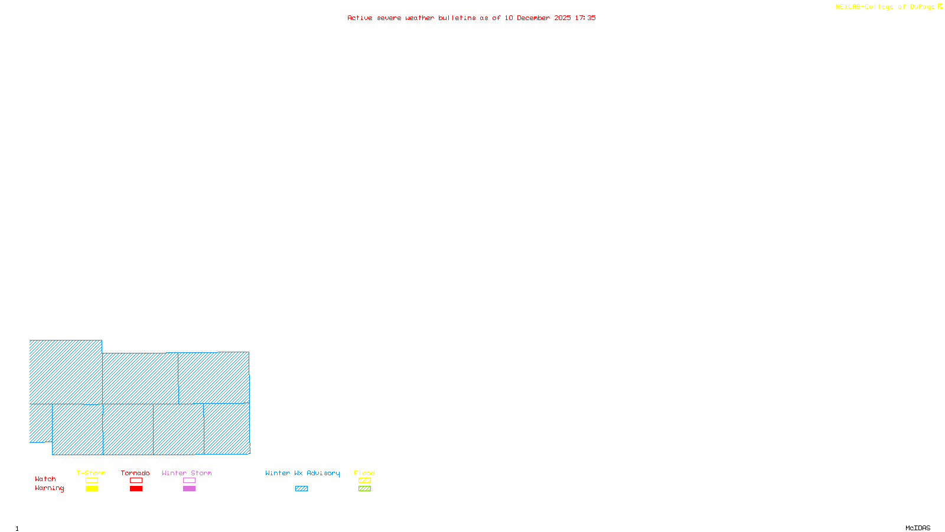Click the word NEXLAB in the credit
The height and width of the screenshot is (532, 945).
point(848,7)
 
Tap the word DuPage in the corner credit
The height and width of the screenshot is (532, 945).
point(922,7)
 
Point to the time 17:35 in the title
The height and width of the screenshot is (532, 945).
point(585,18)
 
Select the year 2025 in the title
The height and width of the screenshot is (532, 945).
point(562,18)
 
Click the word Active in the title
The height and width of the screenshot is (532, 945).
point(360,18)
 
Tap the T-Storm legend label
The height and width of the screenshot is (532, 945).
point(91,473)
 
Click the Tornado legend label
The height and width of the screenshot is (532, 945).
point(135,473)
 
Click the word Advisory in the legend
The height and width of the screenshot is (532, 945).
point(323,473)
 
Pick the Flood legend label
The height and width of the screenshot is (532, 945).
point(364,473)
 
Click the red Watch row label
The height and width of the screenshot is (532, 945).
point(45,479)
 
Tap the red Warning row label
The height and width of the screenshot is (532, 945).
point(49,488)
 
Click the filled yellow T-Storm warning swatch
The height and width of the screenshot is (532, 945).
point(92,489)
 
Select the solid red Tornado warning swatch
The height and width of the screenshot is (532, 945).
point(136,489)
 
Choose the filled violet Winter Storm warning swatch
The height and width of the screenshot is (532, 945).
point(189,489)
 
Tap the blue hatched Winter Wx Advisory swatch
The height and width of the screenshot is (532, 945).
point(301,489)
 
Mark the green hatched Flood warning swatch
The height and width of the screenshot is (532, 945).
point(364,489)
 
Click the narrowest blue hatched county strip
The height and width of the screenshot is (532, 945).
point(41,423)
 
